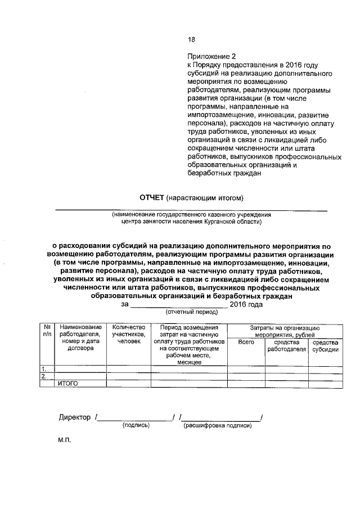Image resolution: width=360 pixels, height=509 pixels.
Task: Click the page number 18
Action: tap(191, 39)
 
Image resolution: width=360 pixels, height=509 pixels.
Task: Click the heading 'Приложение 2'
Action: tap(211, 56)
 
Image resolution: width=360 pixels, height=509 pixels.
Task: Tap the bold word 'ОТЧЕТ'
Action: tap(152, 198)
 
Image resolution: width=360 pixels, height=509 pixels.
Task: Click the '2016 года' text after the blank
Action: tap(246, 304)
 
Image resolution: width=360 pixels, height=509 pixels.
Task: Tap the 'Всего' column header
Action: tap(246, 342)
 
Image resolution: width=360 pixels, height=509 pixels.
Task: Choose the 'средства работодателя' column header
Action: tap(286, 345)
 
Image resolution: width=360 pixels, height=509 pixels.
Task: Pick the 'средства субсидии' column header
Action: tap(325, 345)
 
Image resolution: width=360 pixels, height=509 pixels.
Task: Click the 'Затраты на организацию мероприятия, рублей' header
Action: tap(285, 331)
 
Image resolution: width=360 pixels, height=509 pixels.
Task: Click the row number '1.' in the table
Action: tap(43, 369)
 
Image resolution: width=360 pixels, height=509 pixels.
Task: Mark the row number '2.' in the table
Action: tap(43, 376)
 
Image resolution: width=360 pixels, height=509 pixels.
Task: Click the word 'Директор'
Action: tap(75, 417)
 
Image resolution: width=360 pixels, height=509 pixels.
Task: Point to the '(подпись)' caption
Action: tap(136, 426)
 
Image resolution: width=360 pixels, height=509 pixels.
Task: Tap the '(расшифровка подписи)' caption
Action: tap(217, 426)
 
